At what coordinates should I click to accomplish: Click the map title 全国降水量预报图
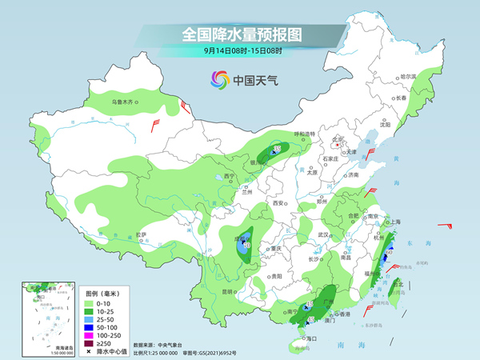240,34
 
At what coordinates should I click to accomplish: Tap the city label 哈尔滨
409,75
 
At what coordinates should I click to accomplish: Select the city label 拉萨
141,234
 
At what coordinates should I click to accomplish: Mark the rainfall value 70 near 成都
247,245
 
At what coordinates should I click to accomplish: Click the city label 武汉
324,234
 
